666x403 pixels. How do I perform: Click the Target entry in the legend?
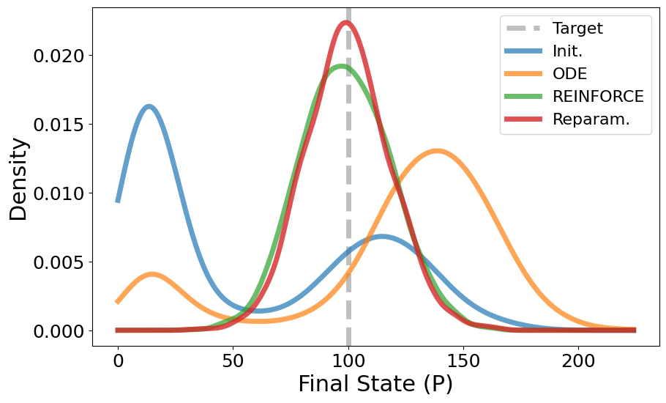[577, 29]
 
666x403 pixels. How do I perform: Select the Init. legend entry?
[567, 51]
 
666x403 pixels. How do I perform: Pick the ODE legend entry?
[569, 74]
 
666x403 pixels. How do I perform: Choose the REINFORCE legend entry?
[597, 97]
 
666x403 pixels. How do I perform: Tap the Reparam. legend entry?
[591, 119]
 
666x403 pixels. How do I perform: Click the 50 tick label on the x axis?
[233, 361]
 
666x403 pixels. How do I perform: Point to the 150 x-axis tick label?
[463, 361]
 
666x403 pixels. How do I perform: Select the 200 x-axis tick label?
[578, 361]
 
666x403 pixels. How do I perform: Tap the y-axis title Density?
[19, 178]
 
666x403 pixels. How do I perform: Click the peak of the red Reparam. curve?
[346, 23]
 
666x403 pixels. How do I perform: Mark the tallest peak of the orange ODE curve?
[437, 152]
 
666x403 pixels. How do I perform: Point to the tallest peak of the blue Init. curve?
[149, 107]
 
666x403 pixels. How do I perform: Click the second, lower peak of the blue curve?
[381, 236]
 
